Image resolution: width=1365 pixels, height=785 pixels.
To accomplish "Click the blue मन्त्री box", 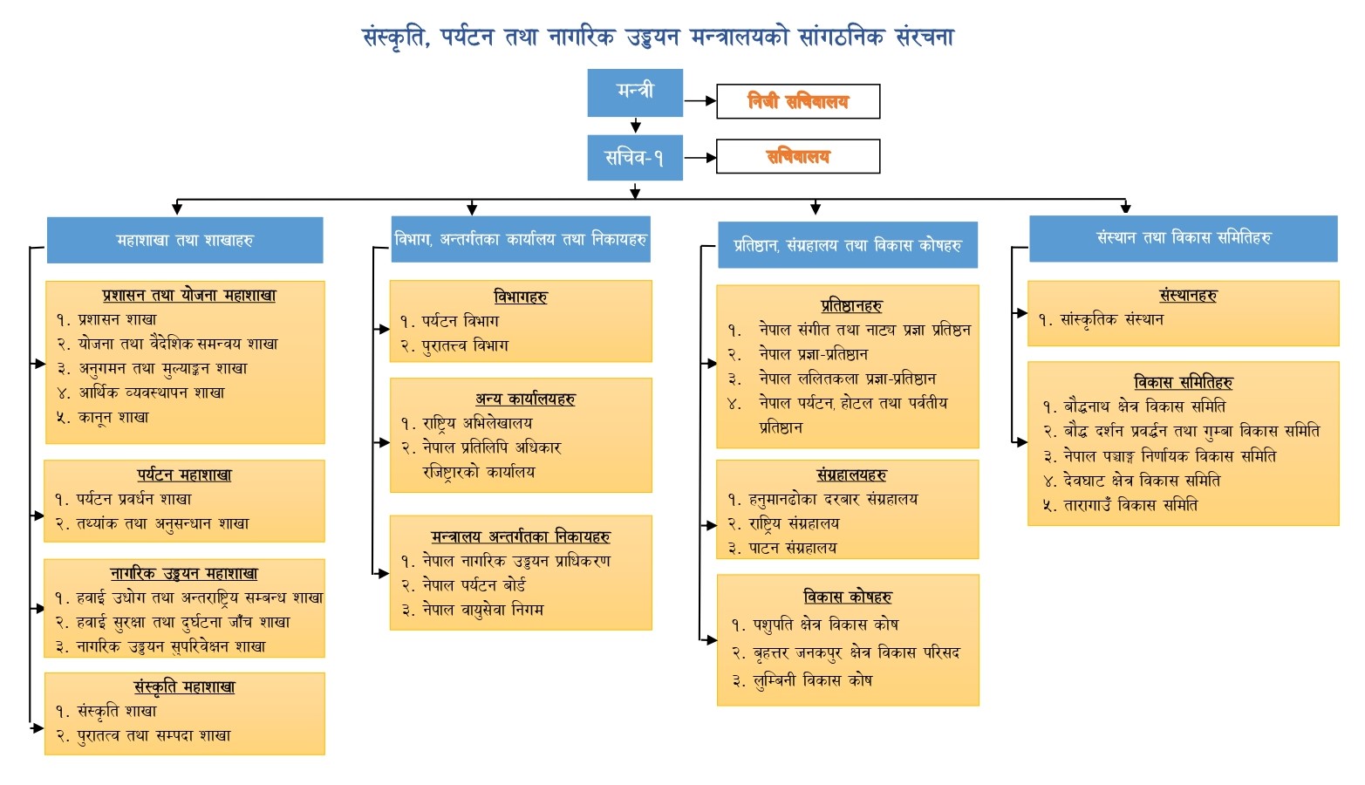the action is [635, 92].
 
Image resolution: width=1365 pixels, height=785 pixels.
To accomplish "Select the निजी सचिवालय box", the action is [798, 101].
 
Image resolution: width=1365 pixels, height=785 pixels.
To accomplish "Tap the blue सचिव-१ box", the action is [635, 158].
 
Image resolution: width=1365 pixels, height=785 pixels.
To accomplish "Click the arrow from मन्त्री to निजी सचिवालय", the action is [700, 100].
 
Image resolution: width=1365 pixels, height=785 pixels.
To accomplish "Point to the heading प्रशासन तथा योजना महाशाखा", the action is [189, 296].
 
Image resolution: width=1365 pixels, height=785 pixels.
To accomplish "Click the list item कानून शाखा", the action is [113, 418].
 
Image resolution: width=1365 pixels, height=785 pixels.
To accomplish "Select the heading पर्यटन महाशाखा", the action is [184, 474].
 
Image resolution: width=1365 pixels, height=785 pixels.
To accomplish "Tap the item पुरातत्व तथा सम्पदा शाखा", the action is [154, 735].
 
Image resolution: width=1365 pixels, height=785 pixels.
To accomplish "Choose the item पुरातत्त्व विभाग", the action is [465, 345].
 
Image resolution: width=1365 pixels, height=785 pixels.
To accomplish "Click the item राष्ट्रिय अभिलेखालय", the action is [477, 423].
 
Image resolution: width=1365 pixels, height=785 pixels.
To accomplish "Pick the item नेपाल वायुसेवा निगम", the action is [482, 610].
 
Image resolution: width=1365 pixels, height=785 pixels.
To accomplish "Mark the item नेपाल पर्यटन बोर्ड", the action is [474, 585].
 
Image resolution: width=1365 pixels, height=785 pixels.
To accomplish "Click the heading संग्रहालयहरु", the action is [851, 474].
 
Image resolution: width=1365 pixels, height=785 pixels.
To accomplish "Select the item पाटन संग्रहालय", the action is [792, 548].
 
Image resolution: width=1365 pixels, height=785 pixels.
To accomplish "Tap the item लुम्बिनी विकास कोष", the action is [812, 680].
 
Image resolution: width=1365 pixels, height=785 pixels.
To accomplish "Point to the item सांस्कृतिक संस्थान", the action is [1111, 319].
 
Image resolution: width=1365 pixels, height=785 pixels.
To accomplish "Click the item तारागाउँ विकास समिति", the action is [1130, 505].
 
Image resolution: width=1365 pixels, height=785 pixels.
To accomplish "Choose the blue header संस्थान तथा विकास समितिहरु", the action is [1184, 238].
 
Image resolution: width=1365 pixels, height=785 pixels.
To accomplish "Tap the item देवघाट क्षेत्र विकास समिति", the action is [1142, 481].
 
